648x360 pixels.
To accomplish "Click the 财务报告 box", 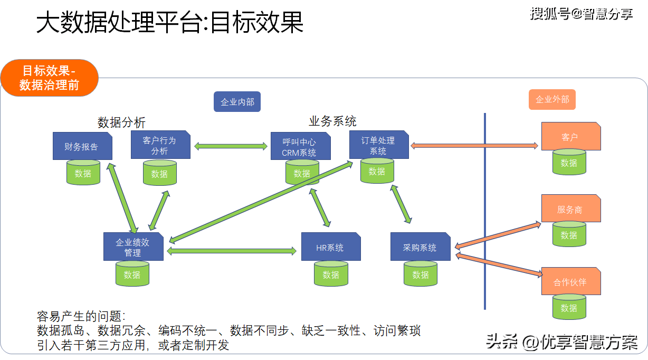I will pos(82,146).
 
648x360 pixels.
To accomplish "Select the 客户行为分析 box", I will pos(160,145).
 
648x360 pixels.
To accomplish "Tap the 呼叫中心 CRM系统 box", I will pos(300,147).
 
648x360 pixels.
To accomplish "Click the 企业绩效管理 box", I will pos(134,247).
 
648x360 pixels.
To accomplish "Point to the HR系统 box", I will pos(331,247).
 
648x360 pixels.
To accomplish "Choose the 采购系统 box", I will pos(420,247).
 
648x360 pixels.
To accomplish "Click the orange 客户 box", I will pos(571,136).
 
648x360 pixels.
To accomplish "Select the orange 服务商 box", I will pos(571,209).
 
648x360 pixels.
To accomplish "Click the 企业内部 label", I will pos(237,101).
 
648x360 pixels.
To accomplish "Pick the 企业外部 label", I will pos(552,99).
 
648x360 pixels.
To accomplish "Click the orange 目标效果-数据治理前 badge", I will pos(50,78).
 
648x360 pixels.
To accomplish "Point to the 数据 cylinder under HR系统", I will pos(331,274).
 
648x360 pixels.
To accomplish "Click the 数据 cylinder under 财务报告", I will pos(83,173).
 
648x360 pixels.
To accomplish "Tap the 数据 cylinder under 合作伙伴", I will pos(569,308).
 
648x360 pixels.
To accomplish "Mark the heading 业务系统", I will pos(332,121).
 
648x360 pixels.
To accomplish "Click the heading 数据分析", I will pos(121,122).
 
